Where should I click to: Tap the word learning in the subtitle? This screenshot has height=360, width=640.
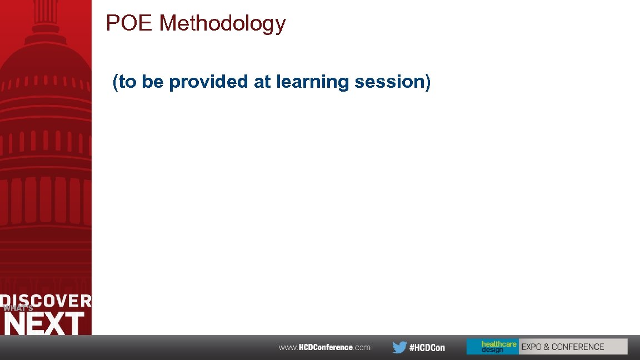[313, 82]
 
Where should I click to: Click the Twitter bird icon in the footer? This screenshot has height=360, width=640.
[399, 347]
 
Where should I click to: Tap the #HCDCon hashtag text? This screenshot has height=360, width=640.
[427, 348]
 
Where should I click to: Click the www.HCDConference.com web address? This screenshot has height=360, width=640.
[324, 347]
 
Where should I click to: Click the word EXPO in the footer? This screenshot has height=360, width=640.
[531, 347]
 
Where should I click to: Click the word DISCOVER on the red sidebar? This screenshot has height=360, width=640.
[46, 301]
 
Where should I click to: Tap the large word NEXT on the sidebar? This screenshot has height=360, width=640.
[44, 323]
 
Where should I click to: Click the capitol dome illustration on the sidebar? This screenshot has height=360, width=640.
[46, 139]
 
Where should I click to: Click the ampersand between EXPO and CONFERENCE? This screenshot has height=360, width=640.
[547, 347]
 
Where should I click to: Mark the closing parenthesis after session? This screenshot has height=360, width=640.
[427, 82]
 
